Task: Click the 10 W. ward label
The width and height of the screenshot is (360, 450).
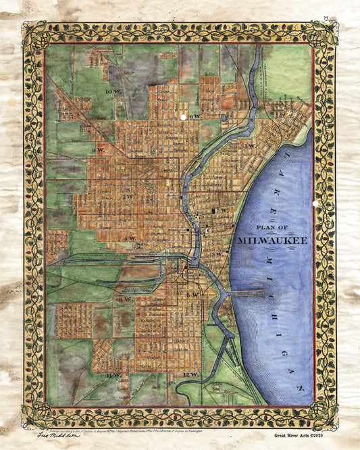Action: click(x=109, y=90)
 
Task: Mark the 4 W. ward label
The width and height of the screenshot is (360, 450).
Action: click(x=130, y=239)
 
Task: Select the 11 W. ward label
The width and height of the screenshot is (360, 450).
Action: click(x=113, y=374)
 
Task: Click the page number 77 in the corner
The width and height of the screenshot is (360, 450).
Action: click(x=326, y=18)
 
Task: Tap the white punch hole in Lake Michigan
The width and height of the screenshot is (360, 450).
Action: click(x=315, y=204)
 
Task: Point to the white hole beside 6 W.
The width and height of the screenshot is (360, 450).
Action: click(x=182, y=117)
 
